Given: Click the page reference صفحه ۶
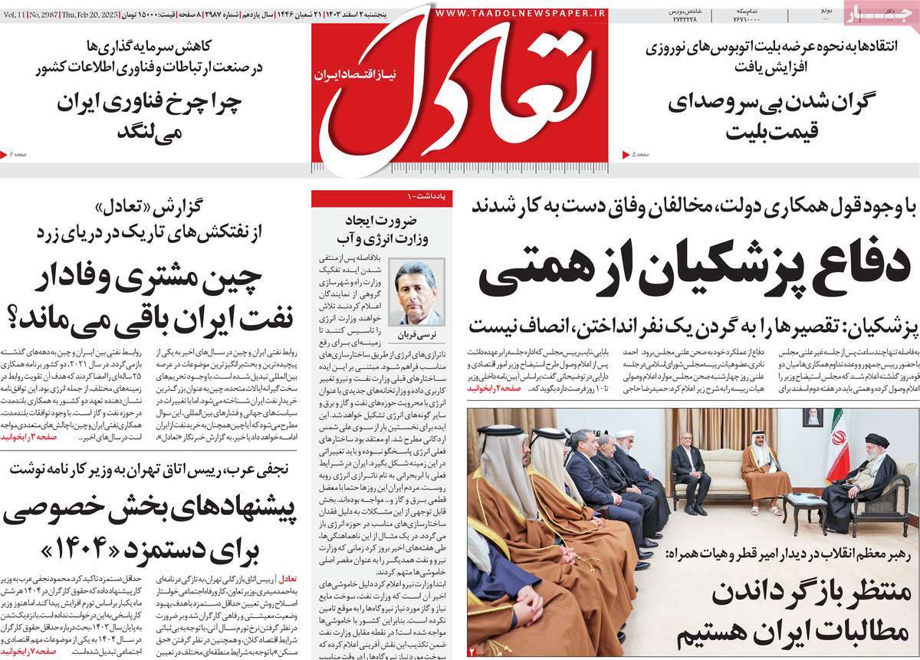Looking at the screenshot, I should (x=18, y=155).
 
